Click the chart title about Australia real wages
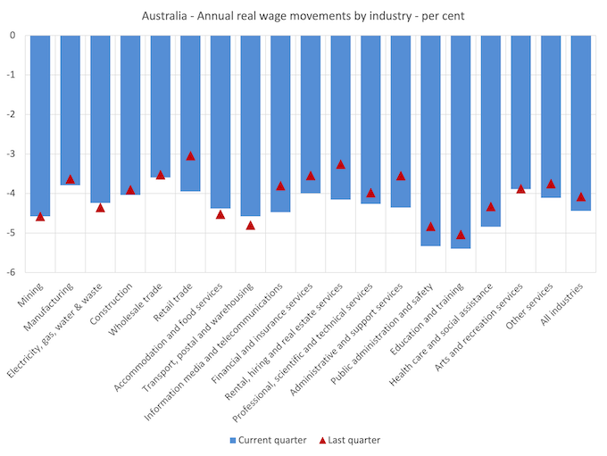[303, 16]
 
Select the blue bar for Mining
[40, 125]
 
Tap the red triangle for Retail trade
[190, 155]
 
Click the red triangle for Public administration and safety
[430, 227]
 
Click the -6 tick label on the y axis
[11, 272]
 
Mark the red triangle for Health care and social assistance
[491, 207]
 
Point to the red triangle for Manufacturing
[71, 179]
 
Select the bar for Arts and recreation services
[520, 112]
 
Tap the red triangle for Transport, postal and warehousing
[250, 225]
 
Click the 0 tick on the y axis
[13, 36]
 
